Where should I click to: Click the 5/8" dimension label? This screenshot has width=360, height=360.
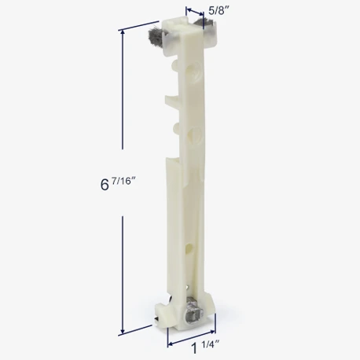(x=219, y=10)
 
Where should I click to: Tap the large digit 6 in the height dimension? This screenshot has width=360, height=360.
(x=105, y=185)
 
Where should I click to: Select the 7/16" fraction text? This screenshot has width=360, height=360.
(x=123, y=181)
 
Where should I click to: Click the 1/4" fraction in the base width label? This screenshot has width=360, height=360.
(x=211, y=344)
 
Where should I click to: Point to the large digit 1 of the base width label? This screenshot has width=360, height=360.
(x=194, y=348)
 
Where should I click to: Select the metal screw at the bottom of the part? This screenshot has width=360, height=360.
(x=193, y=313)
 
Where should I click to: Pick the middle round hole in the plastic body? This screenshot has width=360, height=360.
(x=194, y=134)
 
